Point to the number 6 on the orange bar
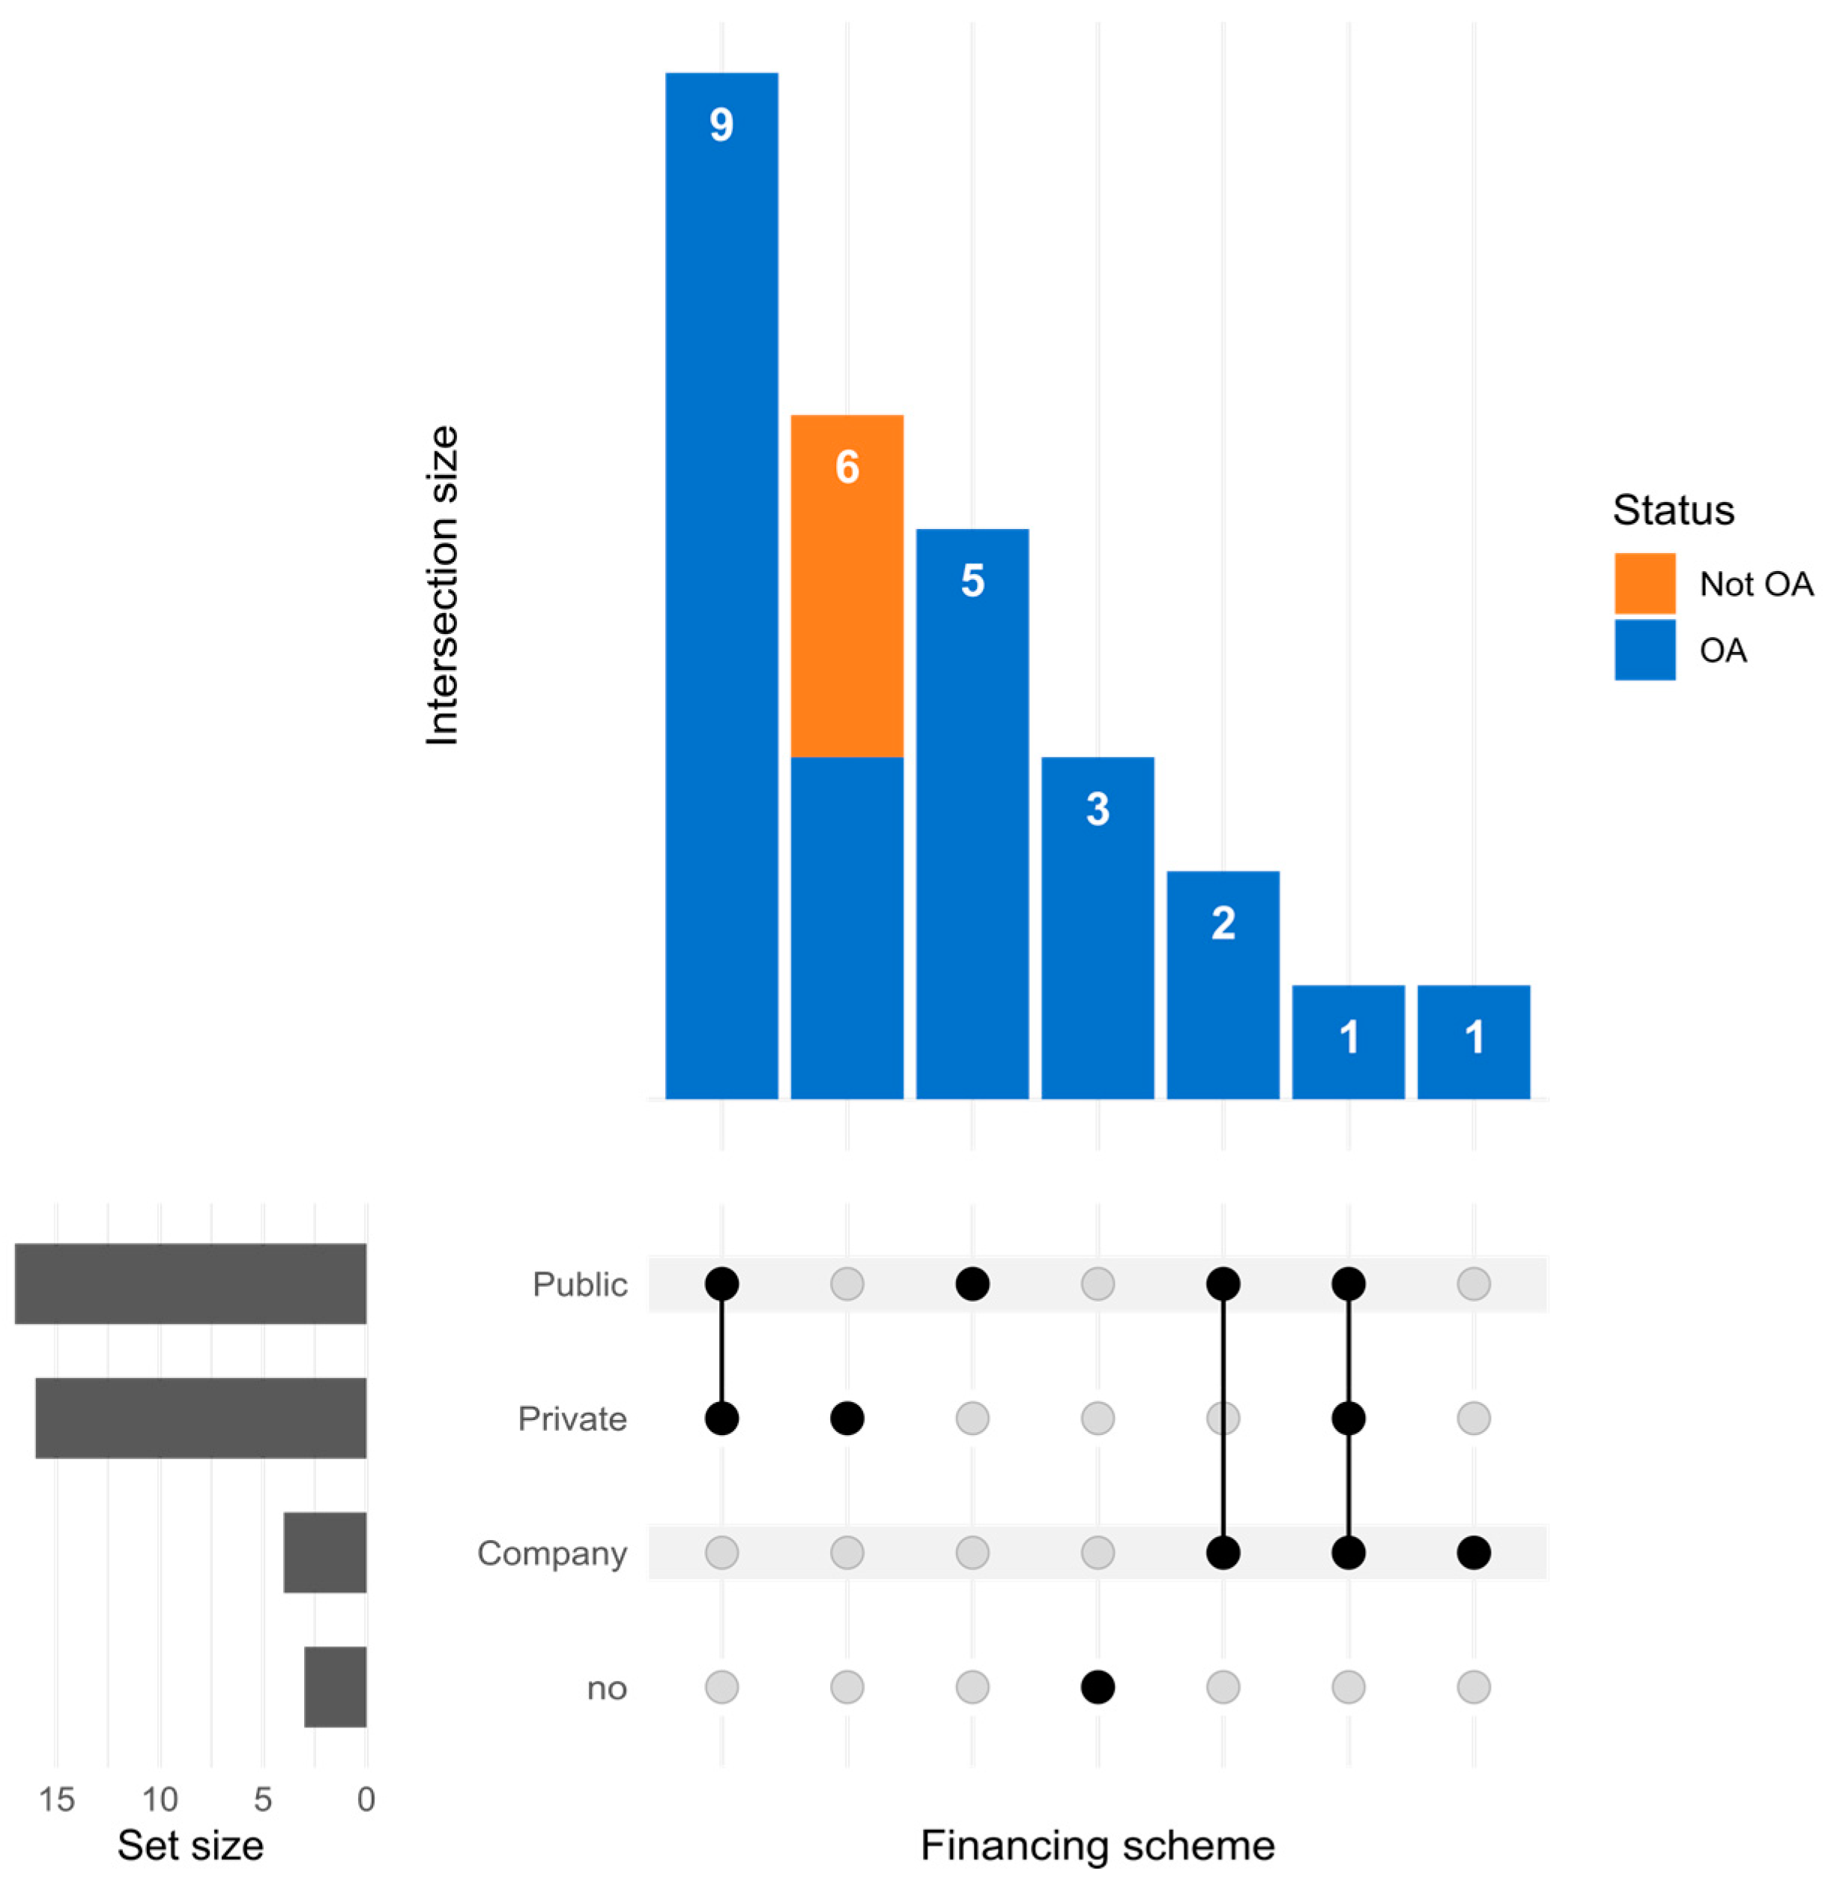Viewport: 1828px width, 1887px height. click(x=847, y=468)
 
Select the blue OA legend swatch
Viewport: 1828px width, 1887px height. click(x=1644, y=650)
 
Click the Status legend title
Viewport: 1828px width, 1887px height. click(x=1673, y=510)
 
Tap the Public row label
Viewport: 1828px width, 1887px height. click(x=580, y=1284)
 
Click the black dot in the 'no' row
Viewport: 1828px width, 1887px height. click(x=1098, y=1687)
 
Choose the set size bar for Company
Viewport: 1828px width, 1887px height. click(x=324, y=1552)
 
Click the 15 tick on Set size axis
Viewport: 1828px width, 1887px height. click(x=57, y=1799)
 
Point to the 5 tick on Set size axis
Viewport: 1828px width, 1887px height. click(x=263, y=1799)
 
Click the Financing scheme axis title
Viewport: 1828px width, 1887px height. click(x=1098, y=1846)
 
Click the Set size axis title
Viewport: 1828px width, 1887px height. click(x=190, y=1846)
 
